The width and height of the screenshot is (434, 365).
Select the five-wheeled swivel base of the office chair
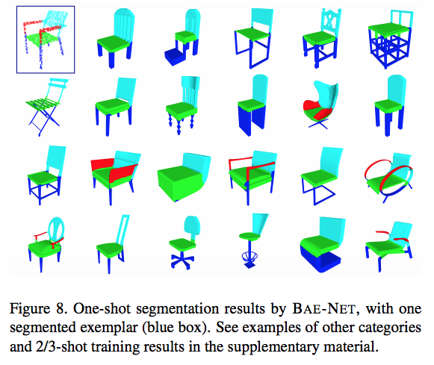pos(182,261)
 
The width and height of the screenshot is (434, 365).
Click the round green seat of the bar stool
pos(249,236)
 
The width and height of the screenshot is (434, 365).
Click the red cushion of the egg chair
pos(317,110)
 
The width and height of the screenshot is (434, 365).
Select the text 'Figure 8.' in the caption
pos(38,308)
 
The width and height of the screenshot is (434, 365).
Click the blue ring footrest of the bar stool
pos(249,257)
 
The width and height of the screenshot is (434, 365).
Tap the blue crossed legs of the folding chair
pos(44,121)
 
